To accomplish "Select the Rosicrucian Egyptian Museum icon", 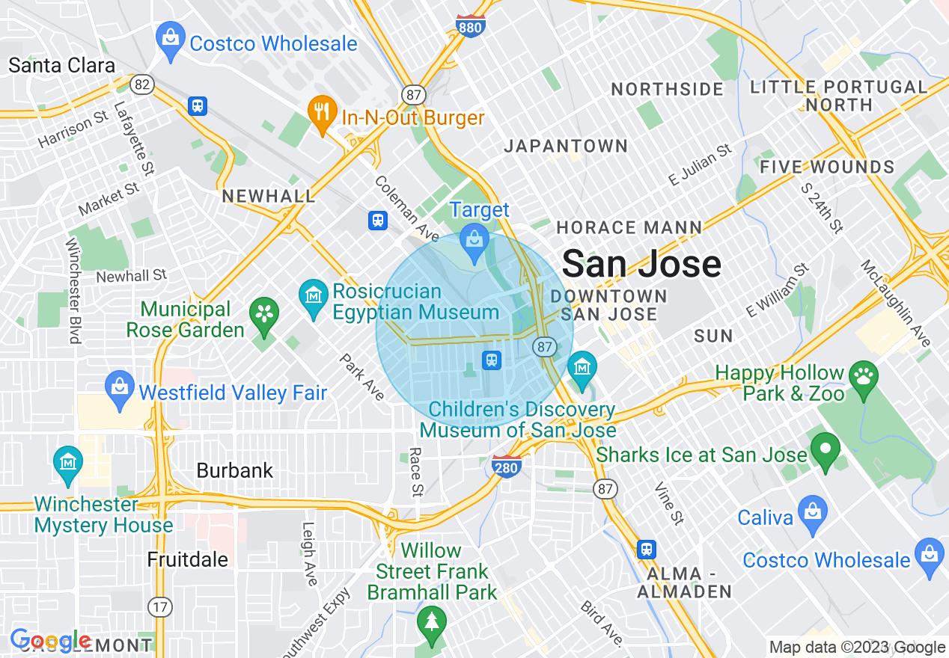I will click(x=313, y=295).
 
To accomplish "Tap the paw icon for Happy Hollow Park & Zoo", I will click(x=865, y=375).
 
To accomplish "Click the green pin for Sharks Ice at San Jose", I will click(x=826, y=450).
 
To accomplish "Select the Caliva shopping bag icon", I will click(x=812, y=512).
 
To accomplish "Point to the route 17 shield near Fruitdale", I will click(x=159, y=606).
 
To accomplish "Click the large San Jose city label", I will click(x=641, y=264).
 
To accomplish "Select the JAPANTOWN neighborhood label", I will click(x=565, y=146).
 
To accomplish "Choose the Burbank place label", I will click(x=235, y=470).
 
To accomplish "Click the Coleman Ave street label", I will click(x=407, y=209).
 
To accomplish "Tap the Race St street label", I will click(x=416, y=473).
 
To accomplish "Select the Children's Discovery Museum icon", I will click(x=582, y=367).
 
